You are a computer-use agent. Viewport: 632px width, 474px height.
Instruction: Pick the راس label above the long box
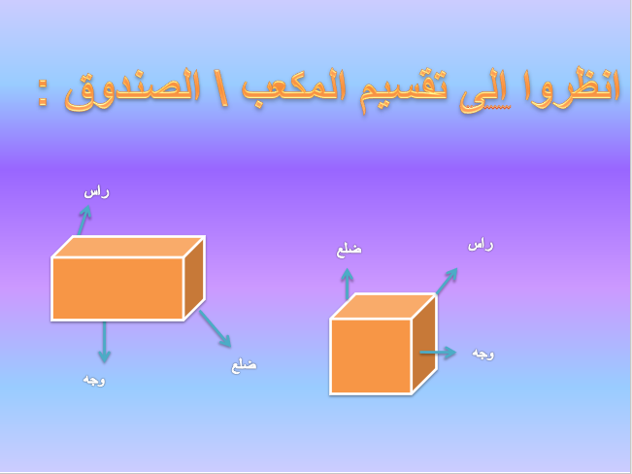click(97, 191)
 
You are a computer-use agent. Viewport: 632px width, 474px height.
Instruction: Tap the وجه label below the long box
click(94, 380)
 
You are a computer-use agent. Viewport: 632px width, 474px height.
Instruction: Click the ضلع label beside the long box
click(244, 365)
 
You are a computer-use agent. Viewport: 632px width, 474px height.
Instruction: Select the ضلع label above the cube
click(349, 250)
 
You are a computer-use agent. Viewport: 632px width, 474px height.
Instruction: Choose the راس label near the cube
click(481, 245)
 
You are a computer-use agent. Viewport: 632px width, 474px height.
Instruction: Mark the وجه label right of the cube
click(482, 354)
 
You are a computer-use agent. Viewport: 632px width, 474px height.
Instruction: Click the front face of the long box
click(117, 288)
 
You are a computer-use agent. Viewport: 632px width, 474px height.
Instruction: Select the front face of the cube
click(371, 355)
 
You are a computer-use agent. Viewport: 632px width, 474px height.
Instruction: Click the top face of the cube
click(383, 306)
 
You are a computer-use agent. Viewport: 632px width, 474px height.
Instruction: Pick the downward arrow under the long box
click(104, 342)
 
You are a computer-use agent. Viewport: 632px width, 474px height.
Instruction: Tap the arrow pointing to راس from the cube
click(446, 282)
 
